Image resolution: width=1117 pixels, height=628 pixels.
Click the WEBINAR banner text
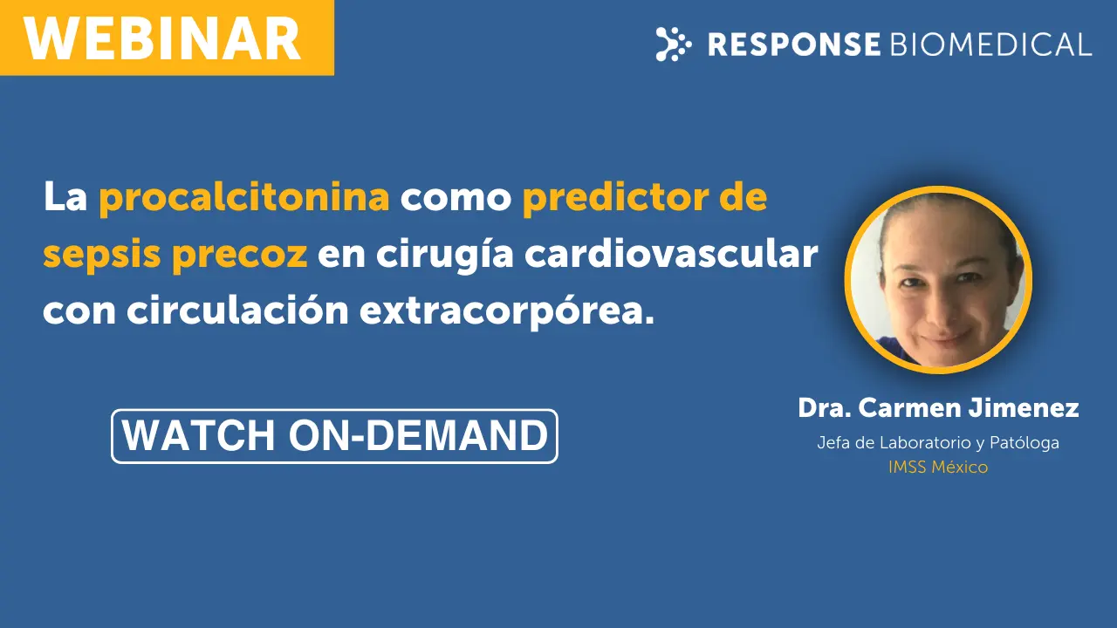pos(162,39)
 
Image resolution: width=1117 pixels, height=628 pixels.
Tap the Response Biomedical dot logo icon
pos(673,44)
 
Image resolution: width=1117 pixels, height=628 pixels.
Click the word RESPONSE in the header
pos(794,44)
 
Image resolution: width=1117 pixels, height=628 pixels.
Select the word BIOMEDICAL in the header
pos(990,44)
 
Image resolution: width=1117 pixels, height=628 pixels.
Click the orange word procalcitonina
pos(244,198)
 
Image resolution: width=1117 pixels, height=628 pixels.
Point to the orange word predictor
pos(615,197)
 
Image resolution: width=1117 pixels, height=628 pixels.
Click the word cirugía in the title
pos(444,254)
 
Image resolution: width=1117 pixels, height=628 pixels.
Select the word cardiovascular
pos(671,254)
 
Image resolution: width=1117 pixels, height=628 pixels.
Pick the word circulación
pos(237,311)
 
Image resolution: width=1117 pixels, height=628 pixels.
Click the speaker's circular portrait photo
pos(938,280)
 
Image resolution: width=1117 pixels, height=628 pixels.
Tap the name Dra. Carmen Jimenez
pos(938,407)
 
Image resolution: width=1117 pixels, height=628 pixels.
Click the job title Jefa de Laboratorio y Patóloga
pos(938,442)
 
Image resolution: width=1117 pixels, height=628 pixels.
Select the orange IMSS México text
pos(938,467)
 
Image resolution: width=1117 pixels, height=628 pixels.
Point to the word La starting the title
pos(65,196)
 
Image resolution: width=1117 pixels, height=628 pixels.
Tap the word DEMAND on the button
pos(457,435)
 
